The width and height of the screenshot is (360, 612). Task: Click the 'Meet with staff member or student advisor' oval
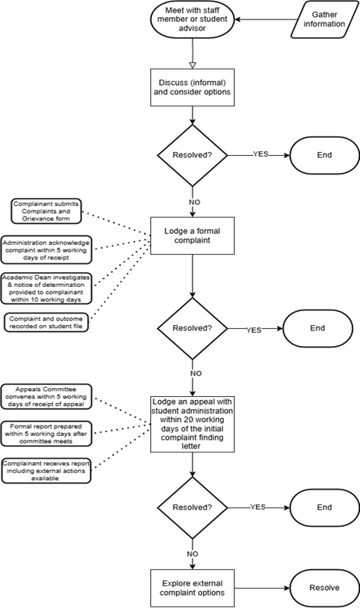tap(192, 19)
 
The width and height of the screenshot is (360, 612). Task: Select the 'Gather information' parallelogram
tap(324, 19)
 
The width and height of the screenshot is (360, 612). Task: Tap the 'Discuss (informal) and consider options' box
tap(192, 87)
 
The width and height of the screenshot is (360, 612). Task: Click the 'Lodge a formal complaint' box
tap(192, 235)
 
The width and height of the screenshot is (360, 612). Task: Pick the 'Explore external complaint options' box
tap(192, 588)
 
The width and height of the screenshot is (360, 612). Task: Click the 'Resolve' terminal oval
tap(324, 588)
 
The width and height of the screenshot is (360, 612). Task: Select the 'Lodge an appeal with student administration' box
tap(192, 424)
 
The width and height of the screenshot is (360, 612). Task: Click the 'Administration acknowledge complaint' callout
tap(46, 249)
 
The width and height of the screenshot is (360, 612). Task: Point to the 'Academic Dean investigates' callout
tap(46, 288)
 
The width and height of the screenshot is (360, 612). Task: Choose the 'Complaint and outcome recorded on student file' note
tap(46, 323)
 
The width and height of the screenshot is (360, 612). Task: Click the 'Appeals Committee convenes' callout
tap(46, 397)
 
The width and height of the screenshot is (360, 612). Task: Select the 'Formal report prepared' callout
tap(46, 433)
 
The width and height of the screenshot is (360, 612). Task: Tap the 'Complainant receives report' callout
tap(46, 470)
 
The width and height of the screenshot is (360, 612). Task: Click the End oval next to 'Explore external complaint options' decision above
tap(324, 508)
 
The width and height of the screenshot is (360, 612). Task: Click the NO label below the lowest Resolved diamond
tap(192, 554)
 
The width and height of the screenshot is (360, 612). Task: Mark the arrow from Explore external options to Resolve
tap(262, 588)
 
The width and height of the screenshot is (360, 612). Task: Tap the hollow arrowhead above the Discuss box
tap(192, 65)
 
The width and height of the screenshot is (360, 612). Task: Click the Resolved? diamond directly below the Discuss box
tap(192, 155)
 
